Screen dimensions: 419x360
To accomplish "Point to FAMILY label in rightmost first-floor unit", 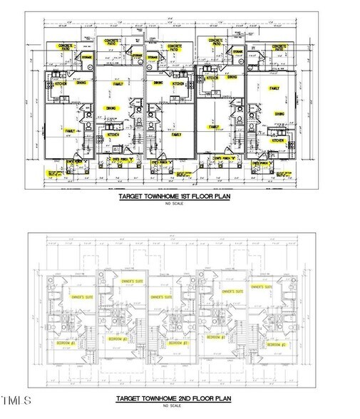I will click(274, 88).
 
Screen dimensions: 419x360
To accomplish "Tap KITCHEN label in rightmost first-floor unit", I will click(277, 141).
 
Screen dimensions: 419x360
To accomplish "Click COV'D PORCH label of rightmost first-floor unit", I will click(266, 162).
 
